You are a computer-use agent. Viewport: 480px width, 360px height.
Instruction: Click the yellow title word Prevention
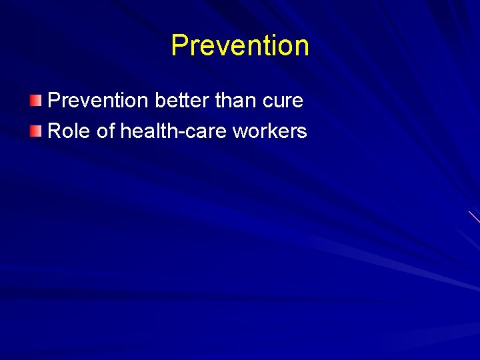[240, 46]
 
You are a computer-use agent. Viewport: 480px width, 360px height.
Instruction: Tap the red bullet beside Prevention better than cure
[35, 101]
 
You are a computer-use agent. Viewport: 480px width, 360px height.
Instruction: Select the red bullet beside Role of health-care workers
[35, 131]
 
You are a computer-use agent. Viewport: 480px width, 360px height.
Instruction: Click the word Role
[70, 131]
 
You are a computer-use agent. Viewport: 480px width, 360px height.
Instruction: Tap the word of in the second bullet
[106, 131]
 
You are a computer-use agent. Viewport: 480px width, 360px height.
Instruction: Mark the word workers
[269, 131]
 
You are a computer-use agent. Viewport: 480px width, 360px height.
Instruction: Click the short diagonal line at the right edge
[474, 217]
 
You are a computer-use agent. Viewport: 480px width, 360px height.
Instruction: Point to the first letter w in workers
[239, 132]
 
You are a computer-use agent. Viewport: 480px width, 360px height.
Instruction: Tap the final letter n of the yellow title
[301, 47]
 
